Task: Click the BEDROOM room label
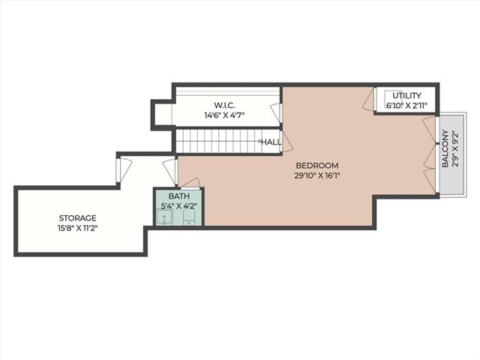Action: [317, 166]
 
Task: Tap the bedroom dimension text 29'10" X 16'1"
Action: [317, 176]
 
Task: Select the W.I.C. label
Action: [224, 105]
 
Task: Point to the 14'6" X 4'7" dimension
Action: [224, 115]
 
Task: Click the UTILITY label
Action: [406, 95]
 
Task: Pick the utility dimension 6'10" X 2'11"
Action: [406, 106]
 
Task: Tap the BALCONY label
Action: [445, 148]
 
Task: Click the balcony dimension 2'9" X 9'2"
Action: [455, 148]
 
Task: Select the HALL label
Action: [271, 142]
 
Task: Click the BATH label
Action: [179, 196]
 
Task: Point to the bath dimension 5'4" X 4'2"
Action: [178, 205]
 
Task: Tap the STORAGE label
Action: [77, 218]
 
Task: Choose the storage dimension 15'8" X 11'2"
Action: [77, 228]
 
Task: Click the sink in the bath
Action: [164, 217]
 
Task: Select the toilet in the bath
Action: [189, 217]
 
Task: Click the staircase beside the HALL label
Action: [218, 142]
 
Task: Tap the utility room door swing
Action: [368, 99]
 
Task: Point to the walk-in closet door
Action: [276, 112]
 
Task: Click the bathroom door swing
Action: [190, 183]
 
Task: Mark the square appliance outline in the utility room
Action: [393, 97]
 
